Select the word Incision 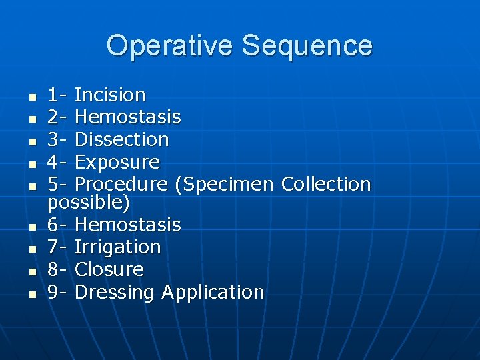(110, 95)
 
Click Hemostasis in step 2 (127, 117)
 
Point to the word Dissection (121, 140)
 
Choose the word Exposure (117, 163)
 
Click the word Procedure (121, 185)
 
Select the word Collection (326, 184)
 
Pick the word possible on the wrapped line (87, 202)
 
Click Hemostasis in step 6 (127, 225)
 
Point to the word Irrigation (117, 247)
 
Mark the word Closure (109, 270)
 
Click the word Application (213, 293)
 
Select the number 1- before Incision (58, 95)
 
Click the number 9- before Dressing (58, 293)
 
